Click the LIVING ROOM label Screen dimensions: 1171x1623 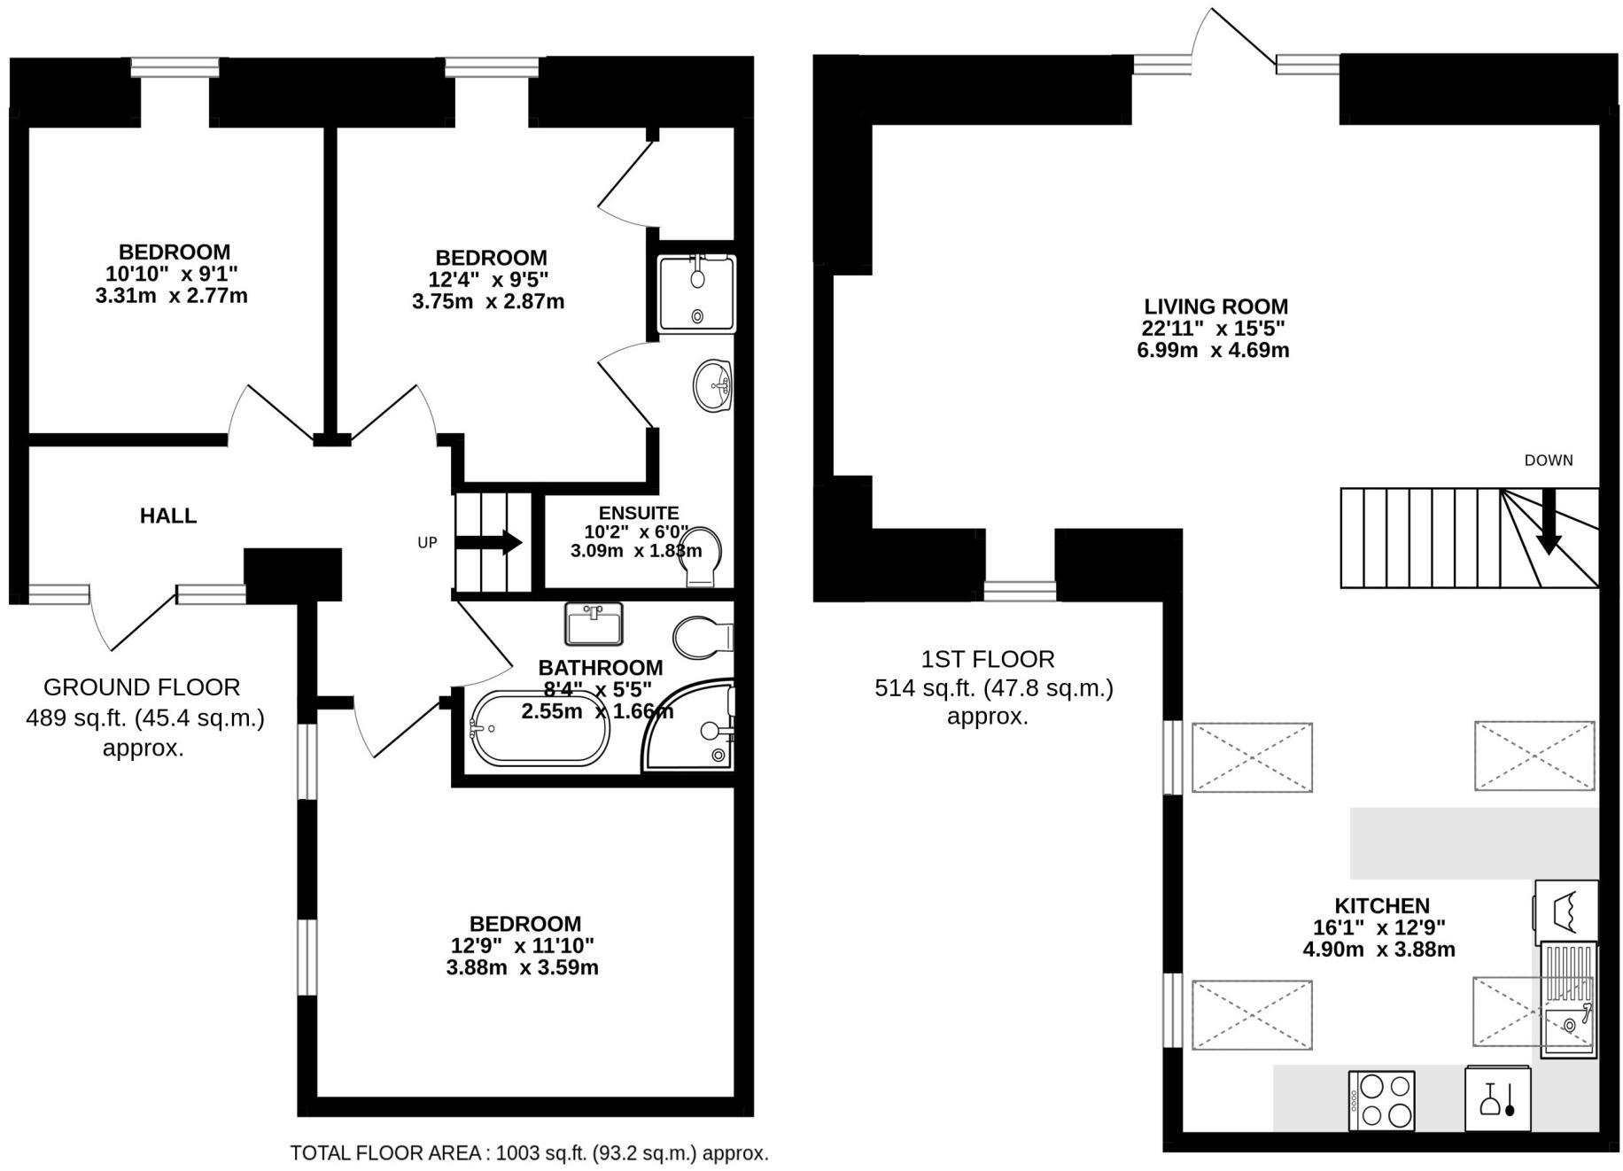pyautogui.click(x=1215, y=306)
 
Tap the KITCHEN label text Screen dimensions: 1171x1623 pyautogui.click(x=1381, y=905)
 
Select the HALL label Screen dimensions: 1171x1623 pyautogui.click(x=167, y=516)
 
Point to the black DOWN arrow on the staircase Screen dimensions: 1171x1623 pyautogui.click(x=1548, y=523)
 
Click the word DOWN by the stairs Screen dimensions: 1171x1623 pyautogui.click(x=1548, y=460)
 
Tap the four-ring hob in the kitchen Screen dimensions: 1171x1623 pyautogui.click(x=1381, y=1100)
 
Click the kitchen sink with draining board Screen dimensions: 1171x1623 pyautogui.click(x=1568, y=999)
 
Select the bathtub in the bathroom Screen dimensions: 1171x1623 pyautogui.click(x=540, y=730)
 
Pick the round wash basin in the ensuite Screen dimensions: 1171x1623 pyautogui.click(x=712, y=386)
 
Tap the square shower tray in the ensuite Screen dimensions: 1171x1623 pyautogui.click(x=696, y=293)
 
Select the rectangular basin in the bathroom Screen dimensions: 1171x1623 pyautogui.click(x=594, y=624)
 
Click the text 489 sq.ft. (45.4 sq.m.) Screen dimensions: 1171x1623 pyautogui.click(x=144, y=717)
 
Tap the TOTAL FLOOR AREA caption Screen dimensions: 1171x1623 pyautogui.click(x=529, y=1153)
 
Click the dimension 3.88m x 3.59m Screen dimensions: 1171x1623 pyautogui.click(x=522, y=967)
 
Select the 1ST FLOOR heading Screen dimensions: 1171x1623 pyautogui.click(x=987, y=659)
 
